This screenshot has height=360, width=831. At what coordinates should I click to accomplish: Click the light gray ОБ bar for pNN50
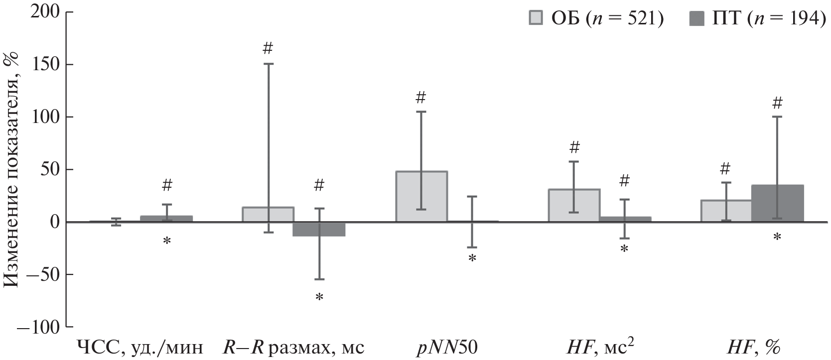(x=421, y=196)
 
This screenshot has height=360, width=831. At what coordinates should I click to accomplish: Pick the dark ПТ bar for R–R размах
(x=319, y=229)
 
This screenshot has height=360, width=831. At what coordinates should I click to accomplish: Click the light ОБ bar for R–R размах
(x=268, y=214)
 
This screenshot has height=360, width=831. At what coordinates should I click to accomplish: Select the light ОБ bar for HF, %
(x=726, y=211)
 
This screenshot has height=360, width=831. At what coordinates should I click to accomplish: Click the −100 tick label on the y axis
(x=39, y=327)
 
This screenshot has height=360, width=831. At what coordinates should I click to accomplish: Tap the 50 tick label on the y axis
(x=50, y=169)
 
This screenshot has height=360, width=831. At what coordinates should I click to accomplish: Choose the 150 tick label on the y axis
(x=45, y=64)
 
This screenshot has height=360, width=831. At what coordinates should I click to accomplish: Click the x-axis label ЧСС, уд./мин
(x=140, y=347)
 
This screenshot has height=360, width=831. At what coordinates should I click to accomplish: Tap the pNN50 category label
(x=446, y=347)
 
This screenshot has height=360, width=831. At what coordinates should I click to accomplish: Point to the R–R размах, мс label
(x=293, y=347)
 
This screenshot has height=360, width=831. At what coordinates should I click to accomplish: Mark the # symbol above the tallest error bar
(x=268, y=48)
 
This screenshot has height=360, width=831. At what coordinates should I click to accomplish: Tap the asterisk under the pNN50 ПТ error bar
(x=472, y=258)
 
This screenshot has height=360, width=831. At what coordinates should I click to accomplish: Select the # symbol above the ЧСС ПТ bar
(x=167, y=186)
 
